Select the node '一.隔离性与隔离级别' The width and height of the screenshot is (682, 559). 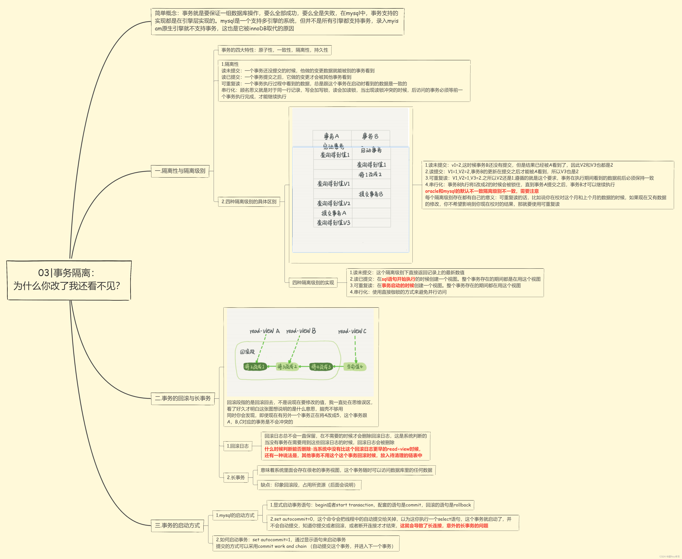(180, 171)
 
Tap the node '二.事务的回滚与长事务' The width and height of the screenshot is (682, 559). (183, 398)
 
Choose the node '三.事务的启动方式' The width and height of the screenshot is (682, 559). (177, 525)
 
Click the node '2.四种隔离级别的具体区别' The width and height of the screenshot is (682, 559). (249, 202)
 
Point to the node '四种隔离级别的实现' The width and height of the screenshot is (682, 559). (313, 283)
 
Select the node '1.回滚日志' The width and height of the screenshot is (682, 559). (238, 446)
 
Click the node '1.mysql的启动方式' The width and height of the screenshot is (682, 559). (235, 515)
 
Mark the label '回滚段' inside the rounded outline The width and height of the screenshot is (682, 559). (247, 352)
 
